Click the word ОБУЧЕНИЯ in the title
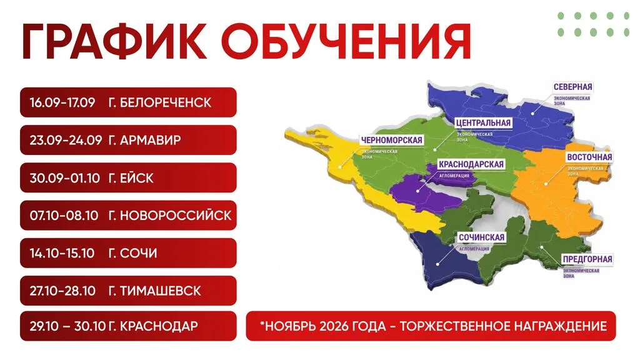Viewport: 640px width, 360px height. (x=346, y=42)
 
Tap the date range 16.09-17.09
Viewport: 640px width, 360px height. (x=62, y=102)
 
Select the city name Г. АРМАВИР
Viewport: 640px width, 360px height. (x=145, y=140)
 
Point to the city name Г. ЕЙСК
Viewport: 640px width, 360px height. (x=131, y=178)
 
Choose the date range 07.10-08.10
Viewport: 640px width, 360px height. (x=64, y=216)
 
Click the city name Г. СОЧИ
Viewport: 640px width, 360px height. (x=132, y=254)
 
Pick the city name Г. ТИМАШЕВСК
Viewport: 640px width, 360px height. (x=155, y=291)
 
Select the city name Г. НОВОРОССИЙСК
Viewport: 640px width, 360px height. (x=170, y=215)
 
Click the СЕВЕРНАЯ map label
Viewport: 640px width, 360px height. (x=572, y=87)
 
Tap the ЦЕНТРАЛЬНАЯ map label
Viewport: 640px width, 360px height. (x=483, y=123)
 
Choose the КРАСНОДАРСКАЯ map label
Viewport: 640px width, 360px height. (x=471, y=164)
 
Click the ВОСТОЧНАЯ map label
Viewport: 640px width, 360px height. (x=589, y=157)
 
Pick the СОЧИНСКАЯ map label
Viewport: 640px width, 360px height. (x=482, y=237)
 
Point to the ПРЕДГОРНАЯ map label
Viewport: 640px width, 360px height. (x=587, y=259)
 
